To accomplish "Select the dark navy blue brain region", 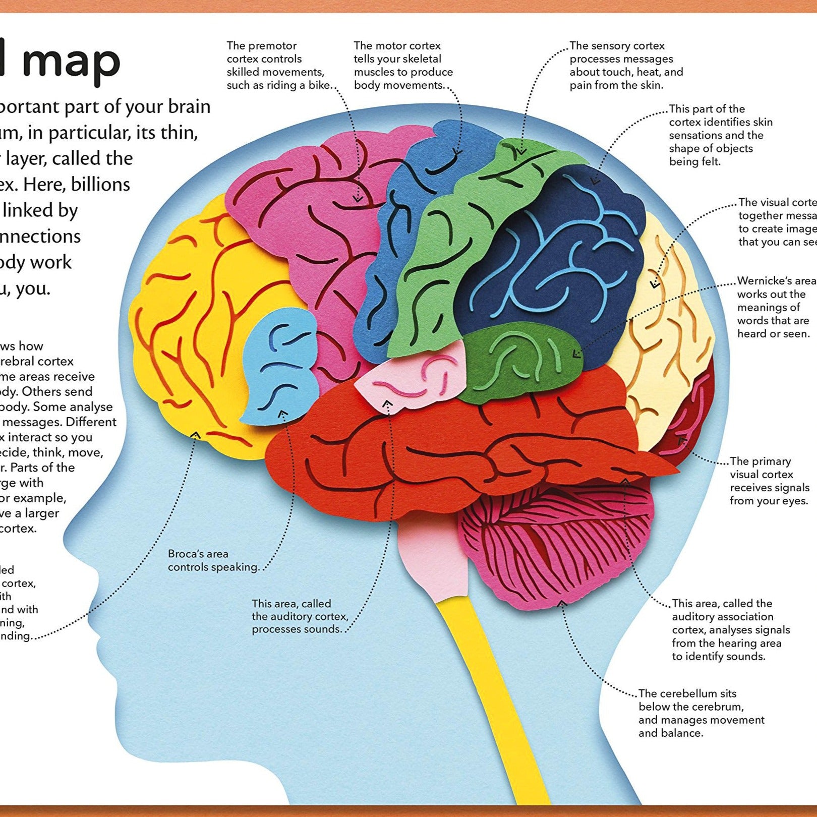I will pos(555,252).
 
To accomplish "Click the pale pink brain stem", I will pos(434,560).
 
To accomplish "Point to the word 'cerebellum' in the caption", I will pos(687,693).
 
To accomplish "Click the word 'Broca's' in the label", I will pos(185,554).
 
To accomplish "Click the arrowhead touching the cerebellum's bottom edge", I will pos(562,603).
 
